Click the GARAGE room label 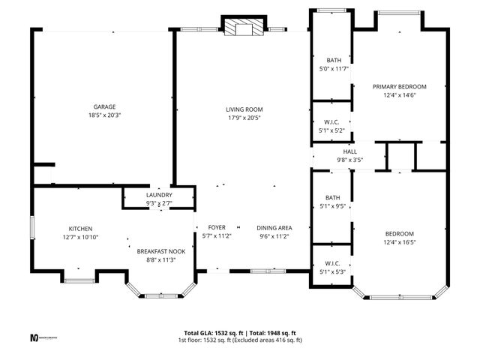tap(104, 106)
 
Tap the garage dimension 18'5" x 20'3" tap(104, 115)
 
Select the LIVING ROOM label tap(244, 109)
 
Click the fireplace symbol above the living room tap(244, 28)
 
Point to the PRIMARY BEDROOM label tap(400, 86)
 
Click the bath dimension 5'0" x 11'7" tap(333, 69)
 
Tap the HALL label tap(349, 151)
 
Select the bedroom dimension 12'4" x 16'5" tap(400, 242)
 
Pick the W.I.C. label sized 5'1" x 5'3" tap(333, 263)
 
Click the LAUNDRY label tap(159, 194)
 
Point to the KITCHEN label tap(80, 229)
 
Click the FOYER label tap(217, 227)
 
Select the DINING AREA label tap(274, 227)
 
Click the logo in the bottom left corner tap(34, 337)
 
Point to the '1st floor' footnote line tap(240, 340)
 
